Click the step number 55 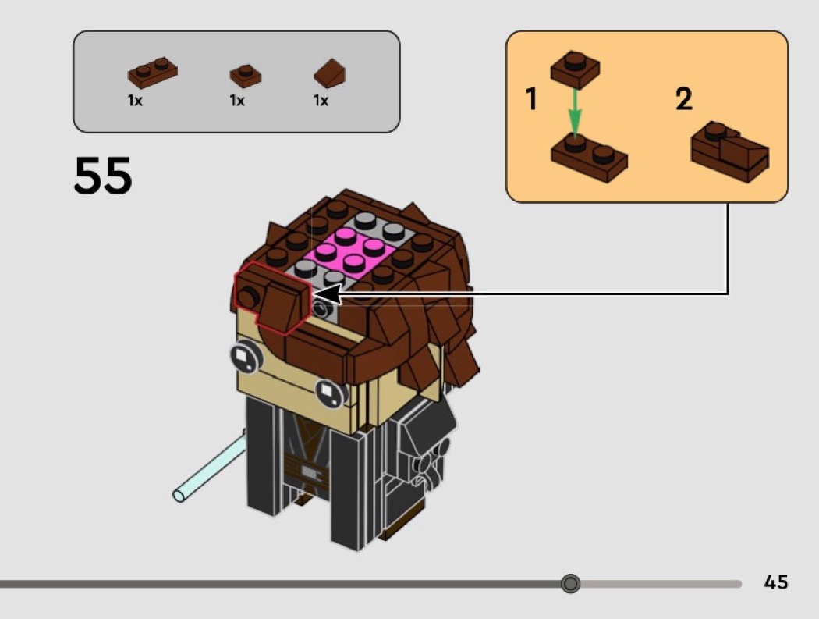103,175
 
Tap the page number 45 775,582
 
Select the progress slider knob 570,583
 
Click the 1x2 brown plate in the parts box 153,73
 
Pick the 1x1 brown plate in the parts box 246,76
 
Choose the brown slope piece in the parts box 330,73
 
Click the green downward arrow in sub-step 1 575,112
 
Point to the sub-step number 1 531,99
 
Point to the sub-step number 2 684,99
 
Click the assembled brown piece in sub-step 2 729,151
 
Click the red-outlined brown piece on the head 273,297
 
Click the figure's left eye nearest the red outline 246,356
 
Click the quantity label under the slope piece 321,101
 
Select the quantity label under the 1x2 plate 135,101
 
